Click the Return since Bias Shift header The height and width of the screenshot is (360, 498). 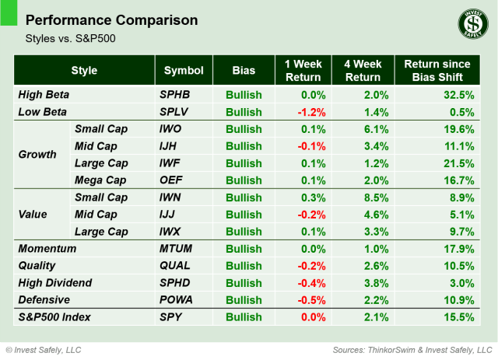point(438,70)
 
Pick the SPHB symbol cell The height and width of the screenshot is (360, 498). point(174,95)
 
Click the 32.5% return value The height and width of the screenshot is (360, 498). point(459,95)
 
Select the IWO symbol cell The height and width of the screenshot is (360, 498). point(170,129)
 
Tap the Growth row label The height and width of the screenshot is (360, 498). point(37,155)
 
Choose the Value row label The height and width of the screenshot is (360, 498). point(33,215)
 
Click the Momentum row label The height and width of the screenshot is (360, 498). point(47,249)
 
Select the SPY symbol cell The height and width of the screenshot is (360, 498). point(170,317)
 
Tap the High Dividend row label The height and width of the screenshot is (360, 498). point(54,283)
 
